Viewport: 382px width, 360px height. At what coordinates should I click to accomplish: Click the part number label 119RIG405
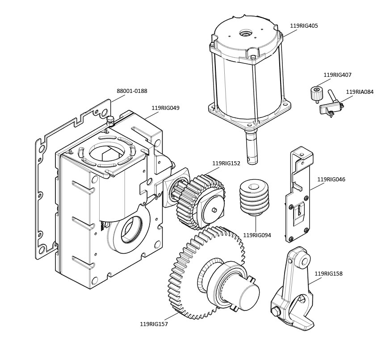[304, 26]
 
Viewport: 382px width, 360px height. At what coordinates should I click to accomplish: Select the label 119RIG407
[337, 75]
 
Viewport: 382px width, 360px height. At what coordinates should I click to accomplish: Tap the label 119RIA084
[360, 92]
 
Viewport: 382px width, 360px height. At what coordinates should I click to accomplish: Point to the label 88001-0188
[132, 91]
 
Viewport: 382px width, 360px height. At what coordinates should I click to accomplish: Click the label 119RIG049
[165, 108]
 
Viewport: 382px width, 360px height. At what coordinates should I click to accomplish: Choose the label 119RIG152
[226, 163]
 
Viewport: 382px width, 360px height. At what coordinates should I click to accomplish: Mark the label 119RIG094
[257, 235]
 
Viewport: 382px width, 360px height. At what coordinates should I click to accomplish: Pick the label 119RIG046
[331, 180]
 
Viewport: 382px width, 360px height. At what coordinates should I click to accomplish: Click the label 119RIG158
[328, 273]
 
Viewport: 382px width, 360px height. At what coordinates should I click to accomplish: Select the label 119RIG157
[154, 324]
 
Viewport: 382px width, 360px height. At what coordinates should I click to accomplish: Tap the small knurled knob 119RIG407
[316, 94]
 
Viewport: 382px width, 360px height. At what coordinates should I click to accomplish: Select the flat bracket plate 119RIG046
[298, 197]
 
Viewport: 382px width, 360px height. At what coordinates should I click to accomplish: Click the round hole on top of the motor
[245, 33]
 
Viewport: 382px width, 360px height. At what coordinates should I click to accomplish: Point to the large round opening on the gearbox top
[108, 153]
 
